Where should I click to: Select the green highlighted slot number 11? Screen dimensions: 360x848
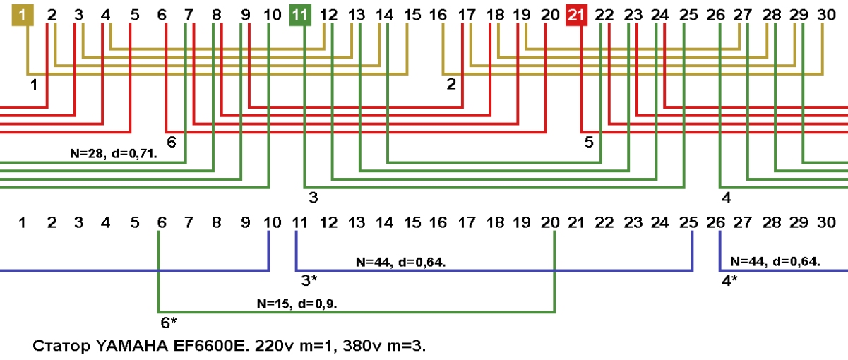[300, 14]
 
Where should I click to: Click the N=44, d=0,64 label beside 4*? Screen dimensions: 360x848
[775, 261]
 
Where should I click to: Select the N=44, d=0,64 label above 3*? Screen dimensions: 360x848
[400, 262]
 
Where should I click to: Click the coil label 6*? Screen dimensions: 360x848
[169, 323]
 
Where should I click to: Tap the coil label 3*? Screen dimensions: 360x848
[309, 280]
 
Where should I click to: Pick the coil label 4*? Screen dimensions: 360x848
[729, 280]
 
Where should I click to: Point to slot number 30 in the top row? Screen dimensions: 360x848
[825, 14]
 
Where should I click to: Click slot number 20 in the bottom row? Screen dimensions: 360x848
[549, 223]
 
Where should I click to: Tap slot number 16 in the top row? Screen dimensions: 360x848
[438, 14]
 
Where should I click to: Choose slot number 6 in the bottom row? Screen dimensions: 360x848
[162, 223]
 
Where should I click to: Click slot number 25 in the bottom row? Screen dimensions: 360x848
[688, 223]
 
